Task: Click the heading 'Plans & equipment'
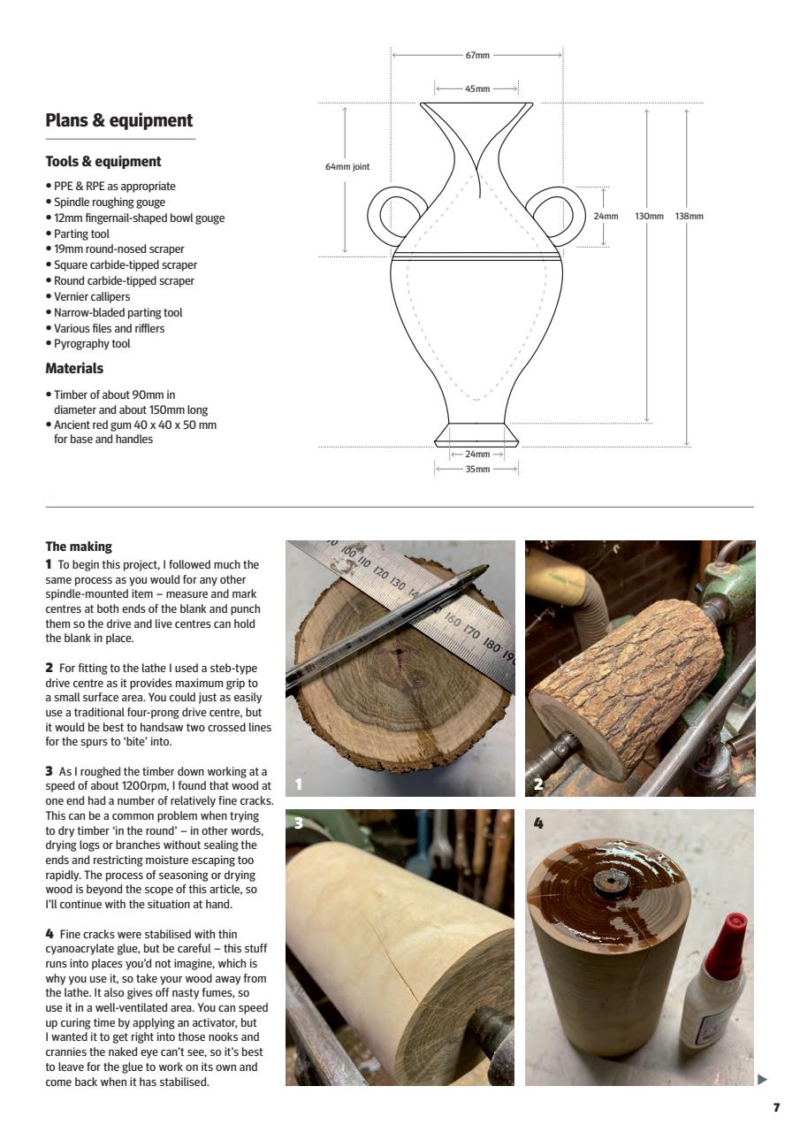(x=119, y=121)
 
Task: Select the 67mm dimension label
(x=476, y=55)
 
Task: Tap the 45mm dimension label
(x=476, y=88)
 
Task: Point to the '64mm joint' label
(x=347, y=166)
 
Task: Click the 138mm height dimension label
(x=689, y=216)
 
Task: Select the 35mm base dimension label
(x=476, y=469)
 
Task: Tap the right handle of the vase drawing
(x=566, y=216)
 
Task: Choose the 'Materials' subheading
(x=74, y=368)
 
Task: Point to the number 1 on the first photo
(x=299, y=784)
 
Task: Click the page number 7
(x=776, y=1107)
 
